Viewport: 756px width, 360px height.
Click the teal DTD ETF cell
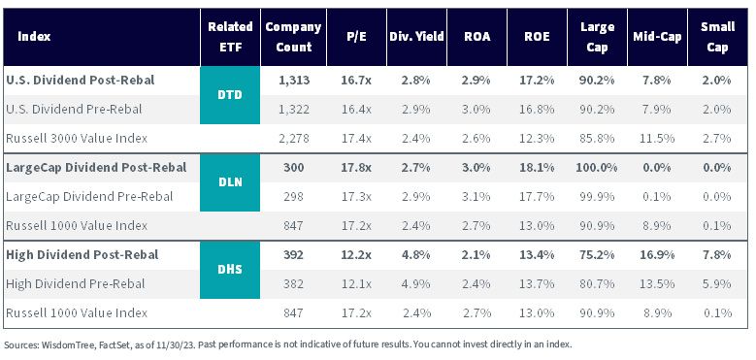tap(230, 95)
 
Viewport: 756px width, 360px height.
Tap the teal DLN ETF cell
tap(230, 182)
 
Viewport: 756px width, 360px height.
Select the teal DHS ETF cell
tap(230, 270)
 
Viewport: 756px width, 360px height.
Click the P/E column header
tap(356, 37)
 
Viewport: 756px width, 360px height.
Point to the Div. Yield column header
tap(416, 37)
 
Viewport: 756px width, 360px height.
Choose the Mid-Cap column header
tap(657, 37)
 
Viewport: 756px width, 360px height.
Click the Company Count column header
tap(293, 37)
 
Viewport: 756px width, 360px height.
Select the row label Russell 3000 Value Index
tap(77, 139)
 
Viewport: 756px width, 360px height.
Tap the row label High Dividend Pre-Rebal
tap(76, 284)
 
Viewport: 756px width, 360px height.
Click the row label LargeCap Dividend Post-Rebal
tap(96, 168)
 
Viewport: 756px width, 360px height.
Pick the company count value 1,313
tap(294, 81)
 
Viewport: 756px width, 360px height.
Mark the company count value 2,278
tap(294, 139)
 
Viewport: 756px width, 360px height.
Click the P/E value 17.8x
tap(356, 168)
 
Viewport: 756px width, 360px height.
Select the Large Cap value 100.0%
tap(597, 168)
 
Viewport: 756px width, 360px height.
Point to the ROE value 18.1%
tap(537, 168)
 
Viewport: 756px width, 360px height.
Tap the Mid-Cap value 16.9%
tap(657, 254)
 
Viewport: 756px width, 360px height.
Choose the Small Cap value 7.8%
tap(717, 254)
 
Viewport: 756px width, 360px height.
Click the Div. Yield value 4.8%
tap(416, 254)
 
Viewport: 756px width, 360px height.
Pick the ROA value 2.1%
tap(477, 254)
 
